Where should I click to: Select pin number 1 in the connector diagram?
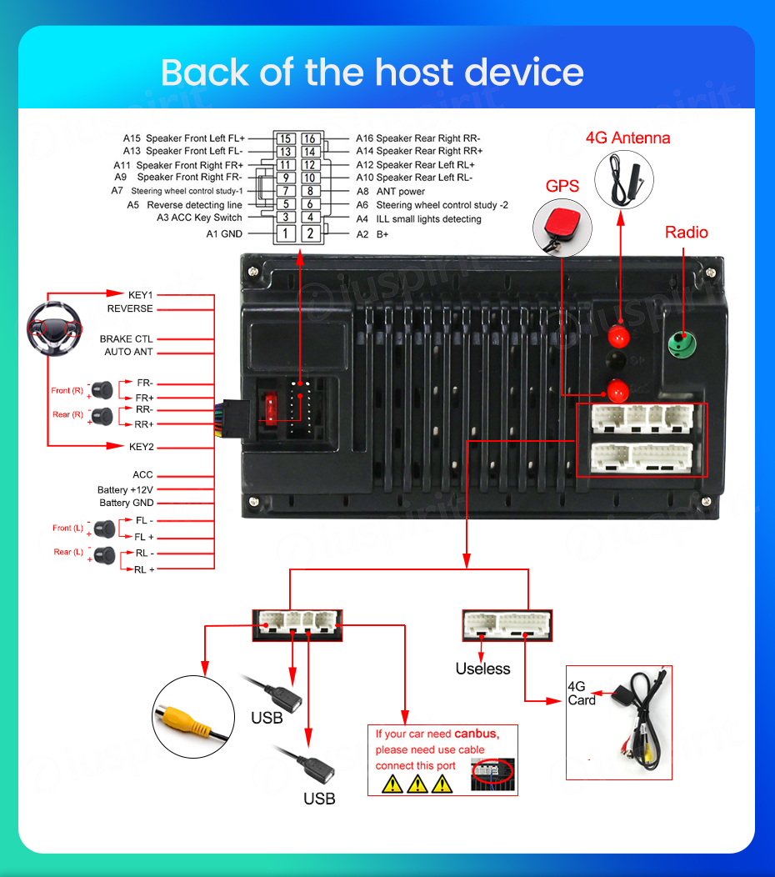286,233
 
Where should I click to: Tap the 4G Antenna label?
627,138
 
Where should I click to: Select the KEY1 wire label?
140,294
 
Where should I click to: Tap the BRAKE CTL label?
126,339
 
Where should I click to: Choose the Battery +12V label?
125,489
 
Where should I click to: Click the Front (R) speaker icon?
102,389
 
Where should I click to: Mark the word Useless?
482,669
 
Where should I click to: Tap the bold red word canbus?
476,734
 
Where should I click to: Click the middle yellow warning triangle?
417,784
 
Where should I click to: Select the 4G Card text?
581,694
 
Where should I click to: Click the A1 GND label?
224,234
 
